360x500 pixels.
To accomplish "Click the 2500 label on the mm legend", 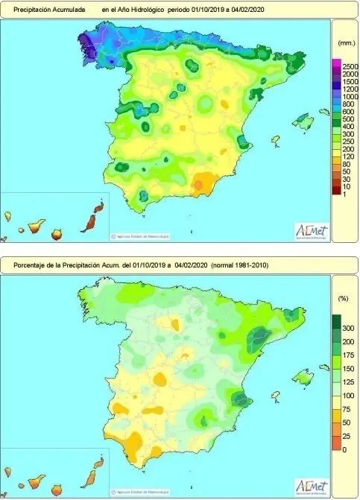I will pyautogui.click(x=348, y=68).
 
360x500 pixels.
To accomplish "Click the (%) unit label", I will pyautogui.click(x=343, y=297).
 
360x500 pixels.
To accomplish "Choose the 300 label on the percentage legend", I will pyautogui.click(x=347, y=328).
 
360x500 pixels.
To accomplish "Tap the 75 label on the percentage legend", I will pyautogui.click(x=345, y=408).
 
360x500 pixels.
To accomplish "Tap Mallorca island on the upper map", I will pyautogui.click(x=303, y=119).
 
